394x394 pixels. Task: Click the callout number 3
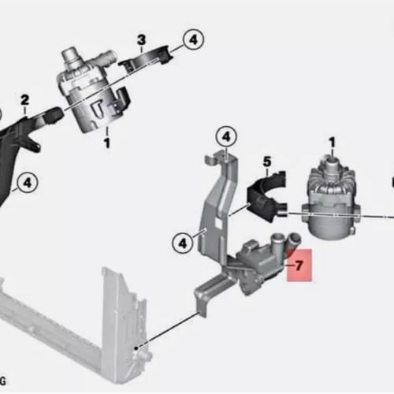tap(141, 40)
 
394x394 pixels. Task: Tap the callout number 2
tap(24, 100)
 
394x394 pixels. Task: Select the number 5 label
tap(267, 162)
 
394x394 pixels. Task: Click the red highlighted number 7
tap(299, 266)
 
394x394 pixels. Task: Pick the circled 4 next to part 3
tap(194, 40)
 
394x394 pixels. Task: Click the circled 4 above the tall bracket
tap(226, 137)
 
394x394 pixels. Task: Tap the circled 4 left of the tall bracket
tap(183, 243)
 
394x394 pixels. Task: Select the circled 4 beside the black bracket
tap(28, 183)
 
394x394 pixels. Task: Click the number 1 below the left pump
tap(106, 143)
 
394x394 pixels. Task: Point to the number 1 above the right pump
tap(333, 143)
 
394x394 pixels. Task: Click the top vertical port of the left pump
tap(70, 56)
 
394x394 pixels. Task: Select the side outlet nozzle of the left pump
tap(108, 57)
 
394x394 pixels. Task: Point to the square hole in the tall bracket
tap(218, 223)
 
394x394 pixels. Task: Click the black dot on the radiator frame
tap(136, 348)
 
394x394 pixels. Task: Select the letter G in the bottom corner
tap(2, 381)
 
